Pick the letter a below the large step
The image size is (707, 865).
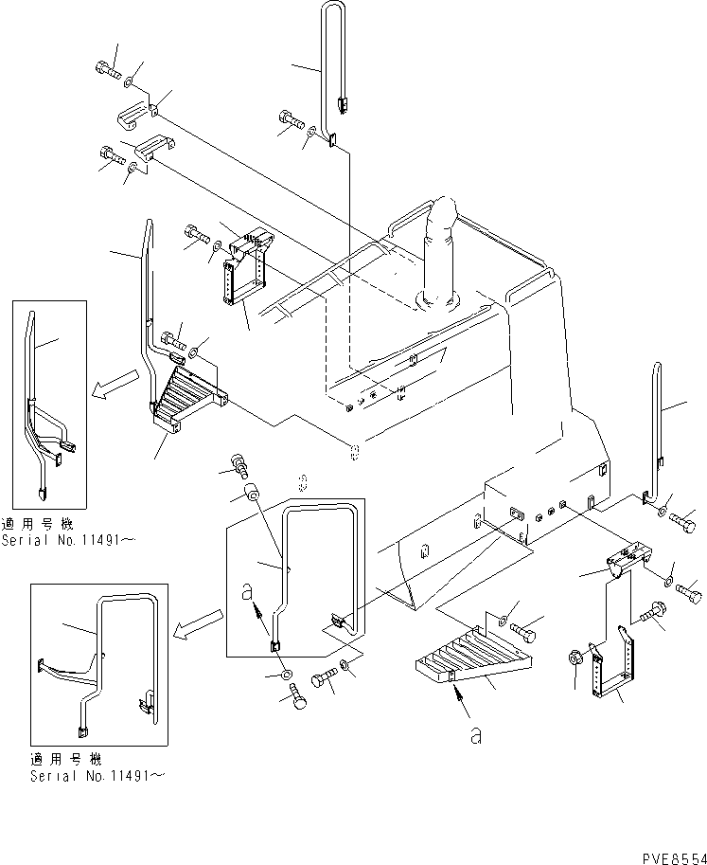(x=476, y=734)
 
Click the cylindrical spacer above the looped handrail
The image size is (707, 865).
(x=251, y=495)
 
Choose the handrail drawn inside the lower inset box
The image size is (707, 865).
(x=104, y=654)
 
